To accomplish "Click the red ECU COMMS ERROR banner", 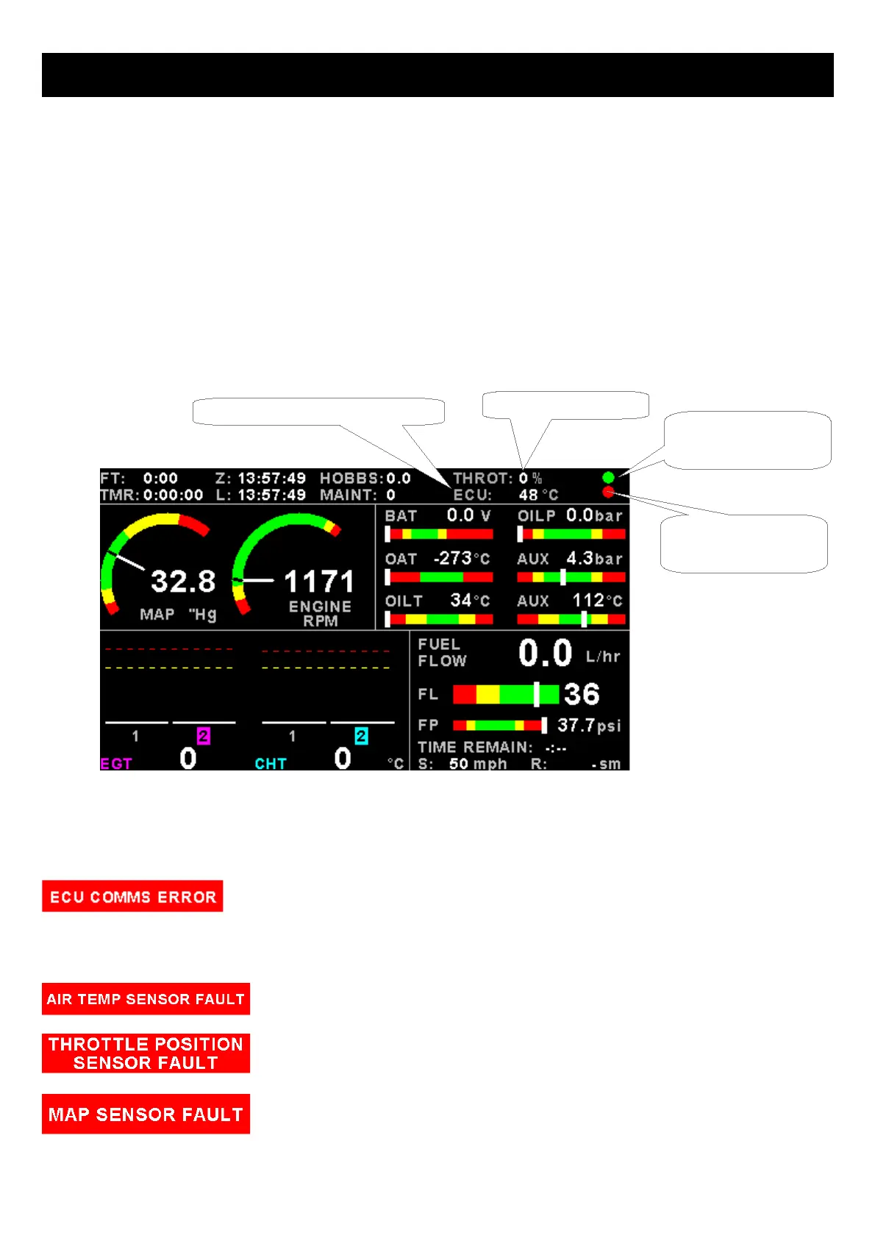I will click(132, 896).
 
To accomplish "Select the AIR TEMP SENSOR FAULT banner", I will click(146, 999).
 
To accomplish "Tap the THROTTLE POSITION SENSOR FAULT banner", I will click(146, 1053).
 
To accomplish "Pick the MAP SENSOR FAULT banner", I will click(146, 1114).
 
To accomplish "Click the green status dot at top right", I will click(608, 478).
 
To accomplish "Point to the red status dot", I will click(608, 492).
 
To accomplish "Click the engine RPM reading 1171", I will click(319, 582).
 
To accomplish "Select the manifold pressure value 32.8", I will click(183, 582).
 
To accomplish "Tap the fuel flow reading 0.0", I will click(545, 654).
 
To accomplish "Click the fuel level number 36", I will click(582, 694).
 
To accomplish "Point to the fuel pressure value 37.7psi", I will click(589, 726).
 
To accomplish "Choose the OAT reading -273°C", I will click(462, 559).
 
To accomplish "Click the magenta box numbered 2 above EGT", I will click(204, 735).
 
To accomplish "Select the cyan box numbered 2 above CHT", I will click(361, 735).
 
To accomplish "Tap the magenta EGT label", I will click(116, 764).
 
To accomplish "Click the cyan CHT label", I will click(271, 764).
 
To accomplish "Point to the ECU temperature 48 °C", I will click(538, 495).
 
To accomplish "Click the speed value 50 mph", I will click(478, 764).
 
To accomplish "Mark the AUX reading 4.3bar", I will click(594, 559).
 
